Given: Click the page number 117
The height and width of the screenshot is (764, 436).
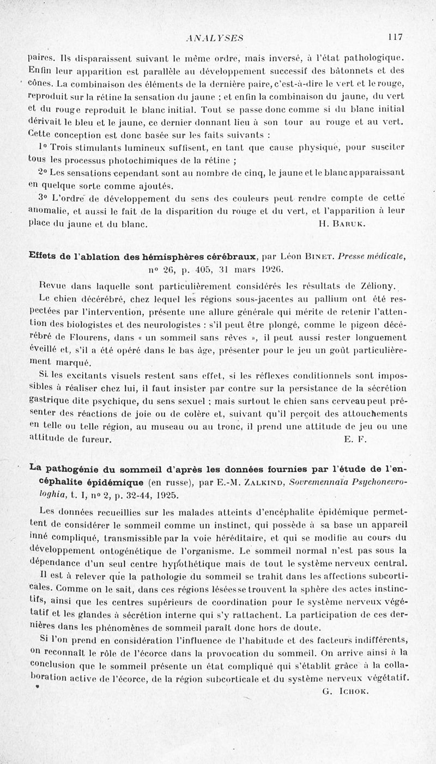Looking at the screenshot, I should pyautogui.click(x=395, y=38).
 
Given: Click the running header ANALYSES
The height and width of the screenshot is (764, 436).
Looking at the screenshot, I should pyautogui.click(x=214, y=38).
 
